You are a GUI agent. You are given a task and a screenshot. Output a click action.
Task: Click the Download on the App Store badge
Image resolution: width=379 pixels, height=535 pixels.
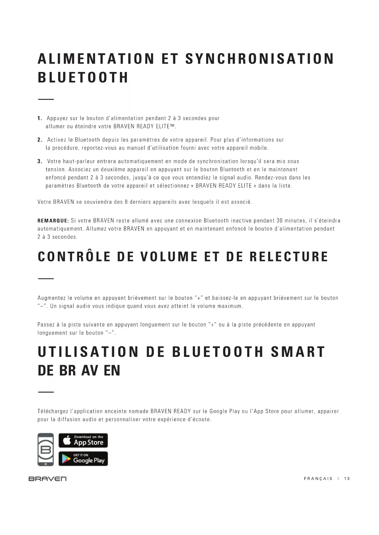click(83, 440)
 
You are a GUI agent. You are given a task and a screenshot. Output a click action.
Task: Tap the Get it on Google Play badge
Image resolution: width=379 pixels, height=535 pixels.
click(83, 458)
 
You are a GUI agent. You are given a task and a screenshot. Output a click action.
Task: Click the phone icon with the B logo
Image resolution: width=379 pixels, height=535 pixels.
click(46, 449)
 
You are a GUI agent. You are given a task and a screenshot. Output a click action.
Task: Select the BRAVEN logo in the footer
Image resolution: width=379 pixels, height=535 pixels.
click(48, 479)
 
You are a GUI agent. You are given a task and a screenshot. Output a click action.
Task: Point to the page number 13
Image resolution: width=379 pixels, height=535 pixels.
click(347, 479)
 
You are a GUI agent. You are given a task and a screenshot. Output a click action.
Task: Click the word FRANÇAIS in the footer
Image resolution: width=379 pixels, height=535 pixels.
click(318, 479)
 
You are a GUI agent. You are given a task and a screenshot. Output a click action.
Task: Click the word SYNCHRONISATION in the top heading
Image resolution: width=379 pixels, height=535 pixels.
click(260, 59)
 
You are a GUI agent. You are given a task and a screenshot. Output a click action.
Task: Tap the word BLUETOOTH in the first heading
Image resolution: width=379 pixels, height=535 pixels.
click(83, 77)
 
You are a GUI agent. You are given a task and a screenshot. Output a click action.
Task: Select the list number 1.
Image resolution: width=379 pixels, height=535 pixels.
click(39, 118)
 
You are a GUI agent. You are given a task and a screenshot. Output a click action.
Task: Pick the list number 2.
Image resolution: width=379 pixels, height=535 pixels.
click(39, 140)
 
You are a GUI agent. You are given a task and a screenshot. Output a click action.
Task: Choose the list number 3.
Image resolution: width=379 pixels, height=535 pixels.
click(39, 161)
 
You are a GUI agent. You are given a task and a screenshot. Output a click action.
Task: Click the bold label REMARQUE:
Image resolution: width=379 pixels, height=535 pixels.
click(53, 221)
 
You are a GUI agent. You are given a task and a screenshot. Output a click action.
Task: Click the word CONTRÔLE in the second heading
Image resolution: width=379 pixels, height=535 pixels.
click(74, 257)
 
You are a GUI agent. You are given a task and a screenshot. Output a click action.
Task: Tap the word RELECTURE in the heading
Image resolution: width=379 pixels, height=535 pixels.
click(289, 257)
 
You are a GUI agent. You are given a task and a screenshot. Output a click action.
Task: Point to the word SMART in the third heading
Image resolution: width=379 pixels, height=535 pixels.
click(298, 352)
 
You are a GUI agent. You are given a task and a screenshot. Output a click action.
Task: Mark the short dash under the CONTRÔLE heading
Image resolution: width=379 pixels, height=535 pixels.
click(46, 278)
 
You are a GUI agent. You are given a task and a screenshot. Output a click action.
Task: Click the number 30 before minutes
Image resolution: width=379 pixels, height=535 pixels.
click(279, 221)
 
